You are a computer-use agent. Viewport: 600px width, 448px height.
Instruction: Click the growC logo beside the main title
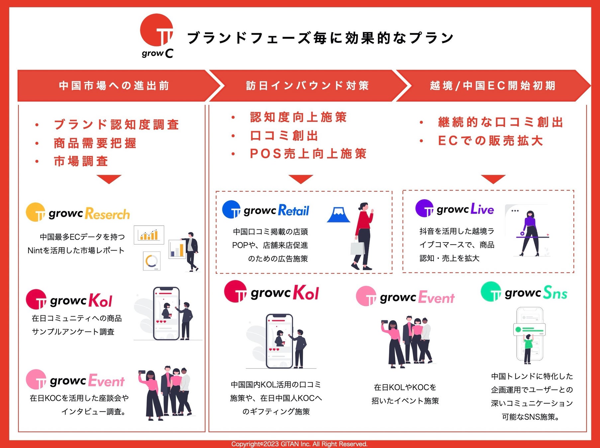[157, 35]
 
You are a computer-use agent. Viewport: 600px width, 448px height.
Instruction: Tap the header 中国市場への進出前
[114, 86]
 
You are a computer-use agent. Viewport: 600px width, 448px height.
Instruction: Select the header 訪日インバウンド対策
[308, 86]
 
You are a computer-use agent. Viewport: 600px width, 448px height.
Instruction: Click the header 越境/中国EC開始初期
[492, 86]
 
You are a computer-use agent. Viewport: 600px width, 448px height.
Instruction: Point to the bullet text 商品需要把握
[95, 143]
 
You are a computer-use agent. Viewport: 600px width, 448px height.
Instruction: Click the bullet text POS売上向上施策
[308, 154]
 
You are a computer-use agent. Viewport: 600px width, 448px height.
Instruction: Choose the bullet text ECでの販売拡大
[490, 141]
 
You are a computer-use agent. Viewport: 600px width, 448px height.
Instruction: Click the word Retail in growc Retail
[293, 210]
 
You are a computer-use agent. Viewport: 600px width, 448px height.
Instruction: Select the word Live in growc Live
[482, 209]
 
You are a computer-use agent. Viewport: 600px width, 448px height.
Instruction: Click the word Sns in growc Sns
[555, 293]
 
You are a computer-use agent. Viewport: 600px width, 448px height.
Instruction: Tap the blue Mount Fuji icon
[339, 215]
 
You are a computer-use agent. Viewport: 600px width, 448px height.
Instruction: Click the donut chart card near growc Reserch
[152, 261]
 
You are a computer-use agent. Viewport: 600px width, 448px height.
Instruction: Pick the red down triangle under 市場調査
[109, 179]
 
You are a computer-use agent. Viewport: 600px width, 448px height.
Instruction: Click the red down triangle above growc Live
[493, 179]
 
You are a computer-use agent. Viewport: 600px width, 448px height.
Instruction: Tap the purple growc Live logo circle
[425, 208]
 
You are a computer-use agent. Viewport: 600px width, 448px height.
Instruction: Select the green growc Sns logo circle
[491, 292]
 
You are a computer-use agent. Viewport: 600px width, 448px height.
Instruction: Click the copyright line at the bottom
[299, 444]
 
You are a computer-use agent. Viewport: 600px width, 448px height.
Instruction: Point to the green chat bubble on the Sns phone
[530, 330]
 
